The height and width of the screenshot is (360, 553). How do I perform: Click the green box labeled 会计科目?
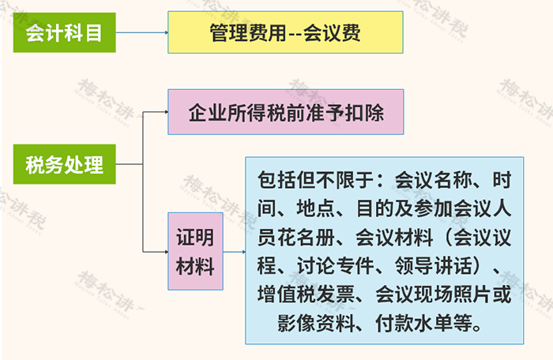pos(65,32)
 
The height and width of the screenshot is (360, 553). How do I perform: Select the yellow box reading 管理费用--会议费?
pos(285,32)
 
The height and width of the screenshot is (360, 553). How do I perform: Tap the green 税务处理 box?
pos(65,164)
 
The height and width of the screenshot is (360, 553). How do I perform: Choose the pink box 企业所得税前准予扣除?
pos(286,112)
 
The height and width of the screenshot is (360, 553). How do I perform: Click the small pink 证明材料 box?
pos(195,251)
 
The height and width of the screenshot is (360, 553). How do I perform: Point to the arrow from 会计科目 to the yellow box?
pos(141,32)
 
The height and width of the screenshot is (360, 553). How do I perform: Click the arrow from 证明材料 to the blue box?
pos(234,252)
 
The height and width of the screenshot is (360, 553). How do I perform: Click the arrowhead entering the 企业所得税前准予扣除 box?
pos(167,112)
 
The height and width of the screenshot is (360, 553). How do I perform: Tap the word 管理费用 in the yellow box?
pos(248,33)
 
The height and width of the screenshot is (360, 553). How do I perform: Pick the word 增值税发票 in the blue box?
pos(306,294)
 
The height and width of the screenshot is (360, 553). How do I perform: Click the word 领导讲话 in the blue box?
pos(434,265)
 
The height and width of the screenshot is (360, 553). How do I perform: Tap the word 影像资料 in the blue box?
pos(316,323)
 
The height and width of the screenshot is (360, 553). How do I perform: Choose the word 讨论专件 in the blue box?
pos(335,265)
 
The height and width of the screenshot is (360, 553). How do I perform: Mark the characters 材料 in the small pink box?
pos(195,266)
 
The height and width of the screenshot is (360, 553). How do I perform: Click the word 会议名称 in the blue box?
pos(434,180)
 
